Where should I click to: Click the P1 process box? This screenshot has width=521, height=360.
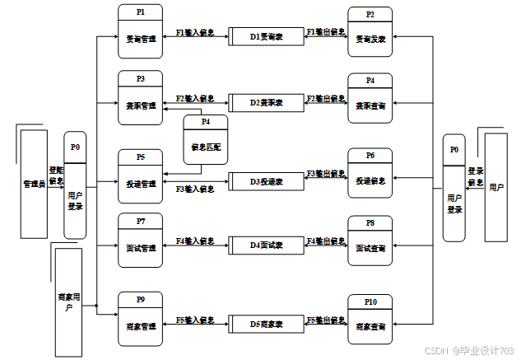[141, 31]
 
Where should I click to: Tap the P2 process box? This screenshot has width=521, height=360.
[370, 31]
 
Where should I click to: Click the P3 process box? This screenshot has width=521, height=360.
[141, 98]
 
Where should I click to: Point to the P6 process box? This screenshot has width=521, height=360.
[370, 172]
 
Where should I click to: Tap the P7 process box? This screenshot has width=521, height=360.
[141, 241]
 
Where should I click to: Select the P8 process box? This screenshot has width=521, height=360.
[370, 241]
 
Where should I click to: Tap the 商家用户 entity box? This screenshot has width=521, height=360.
[69, 301]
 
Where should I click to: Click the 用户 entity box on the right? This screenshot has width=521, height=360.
[496, 187]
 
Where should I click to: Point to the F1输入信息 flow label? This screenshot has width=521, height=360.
[195, 33]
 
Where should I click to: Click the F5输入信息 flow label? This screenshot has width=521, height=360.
[195, 320]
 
